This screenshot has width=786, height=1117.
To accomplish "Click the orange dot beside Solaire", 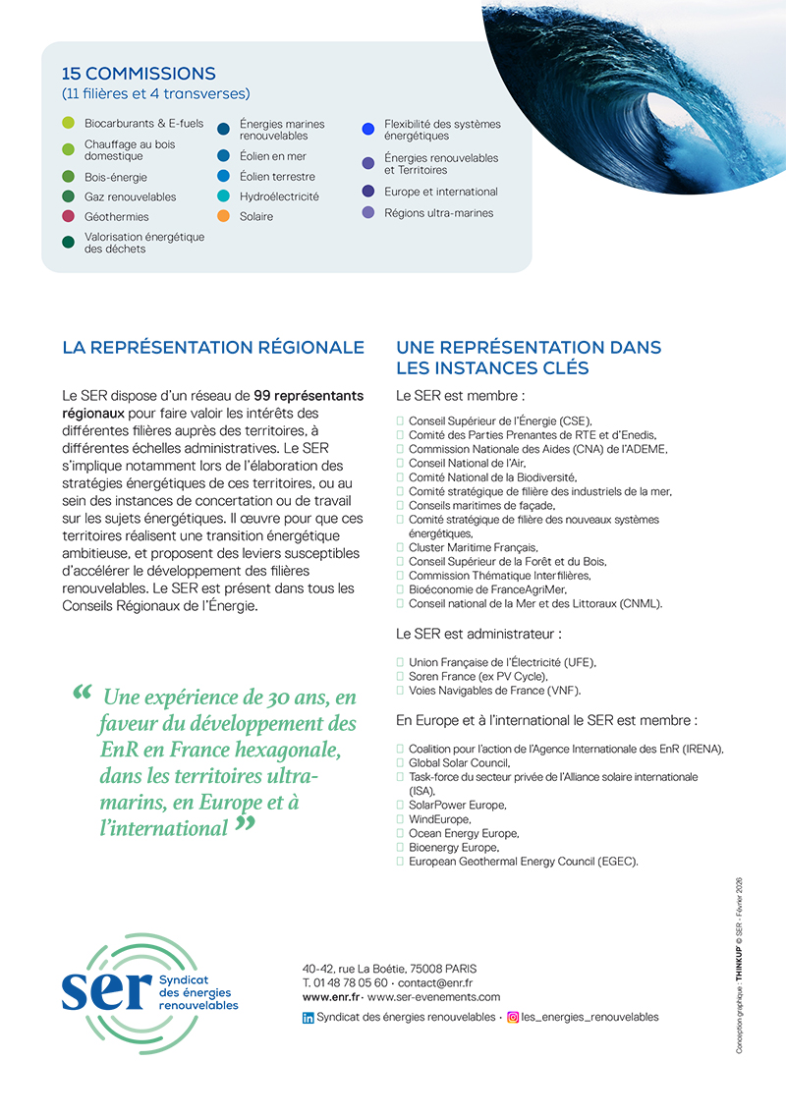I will coord(223,216).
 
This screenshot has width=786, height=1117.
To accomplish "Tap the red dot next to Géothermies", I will coord(68,216).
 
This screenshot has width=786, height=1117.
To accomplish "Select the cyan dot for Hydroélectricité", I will coord(223,196).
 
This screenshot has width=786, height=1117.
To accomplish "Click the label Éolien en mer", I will coord(272,156).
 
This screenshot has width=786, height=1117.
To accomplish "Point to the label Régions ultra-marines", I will coord(438,212).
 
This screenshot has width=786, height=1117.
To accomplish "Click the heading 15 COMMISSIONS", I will coord(139,74).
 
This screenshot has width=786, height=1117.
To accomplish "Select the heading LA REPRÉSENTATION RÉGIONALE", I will coord(213,348).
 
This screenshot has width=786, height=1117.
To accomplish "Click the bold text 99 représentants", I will coord(309,396).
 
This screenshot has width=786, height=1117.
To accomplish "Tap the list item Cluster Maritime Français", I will coord(473,547).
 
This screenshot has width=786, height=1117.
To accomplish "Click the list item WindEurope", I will coord(439,819).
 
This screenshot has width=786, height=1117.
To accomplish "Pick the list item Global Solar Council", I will coord(458,762).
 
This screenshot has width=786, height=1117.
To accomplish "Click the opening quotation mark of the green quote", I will coord(83,693).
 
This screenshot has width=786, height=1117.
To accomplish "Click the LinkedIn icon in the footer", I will coord(309,1018).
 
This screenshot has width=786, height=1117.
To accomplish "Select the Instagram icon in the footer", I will coord(512,1018).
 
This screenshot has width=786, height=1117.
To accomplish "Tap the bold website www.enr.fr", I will coord(330,996).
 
